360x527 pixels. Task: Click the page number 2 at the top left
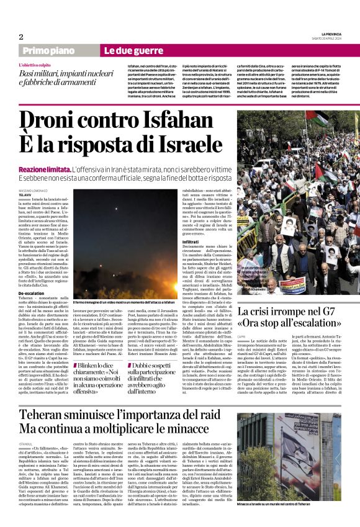point(21,37)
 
